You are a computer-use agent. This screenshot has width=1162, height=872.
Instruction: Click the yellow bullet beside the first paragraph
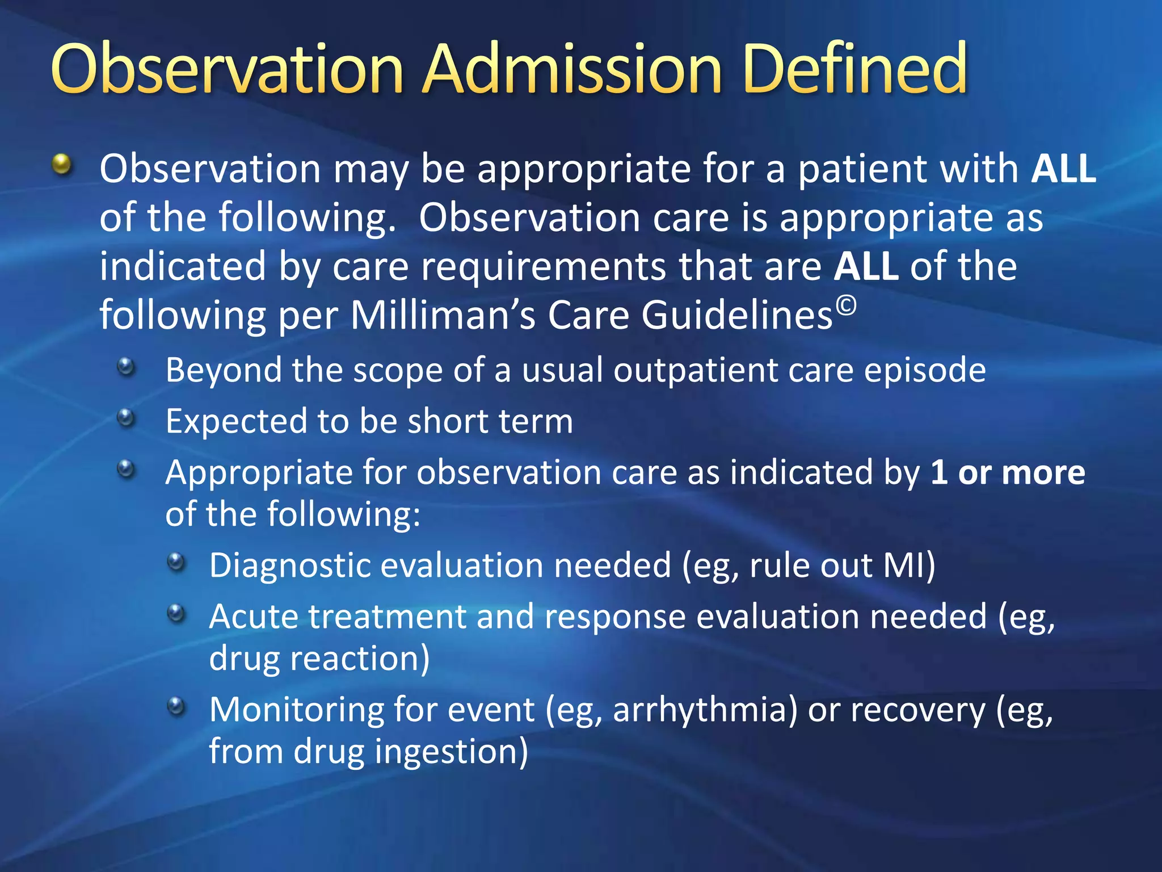click(x=62, y=165)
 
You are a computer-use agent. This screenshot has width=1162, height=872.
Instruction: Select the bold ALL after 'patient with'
click(x=1063, y=169)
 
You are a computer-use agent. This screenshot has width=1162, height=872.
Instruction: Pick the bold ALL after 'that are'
click(x=866, y=266)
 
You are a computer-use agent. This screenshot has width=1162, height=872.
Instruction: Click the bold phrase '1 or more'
click(x=1007, y=472)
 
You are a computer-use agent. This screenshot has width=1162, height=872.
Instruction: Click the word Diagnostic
click(x=289, y=567)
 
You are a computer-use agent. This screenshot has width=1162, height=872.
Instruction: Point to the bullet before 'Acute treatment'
click(x=176, y=614)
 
